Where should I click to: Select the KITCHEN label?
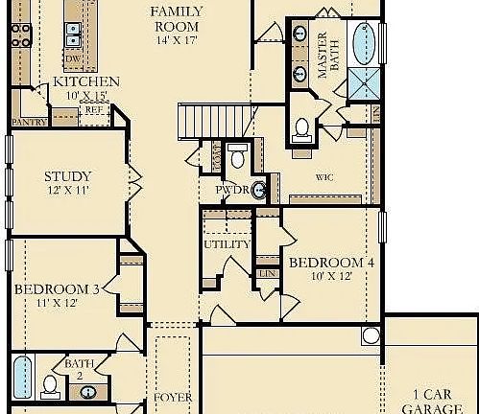(86, 82)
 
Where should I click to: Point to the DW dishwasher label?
(72, 59)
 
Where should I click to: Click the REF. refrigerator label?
(94, 110)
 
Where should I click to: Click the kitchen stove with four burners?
(20, 35)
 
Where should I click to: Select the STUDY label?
(68, 176)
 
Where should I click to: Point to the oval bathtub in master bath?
(365, 42)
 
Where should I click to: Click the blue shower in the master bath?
(365, 85)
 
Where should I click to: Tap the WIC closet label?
(324, 177)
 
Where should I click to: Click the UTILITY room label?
(227, 244)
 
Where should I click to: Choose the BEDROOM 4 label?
(330, 262)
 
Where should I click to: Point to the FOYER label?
(173, 397)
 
